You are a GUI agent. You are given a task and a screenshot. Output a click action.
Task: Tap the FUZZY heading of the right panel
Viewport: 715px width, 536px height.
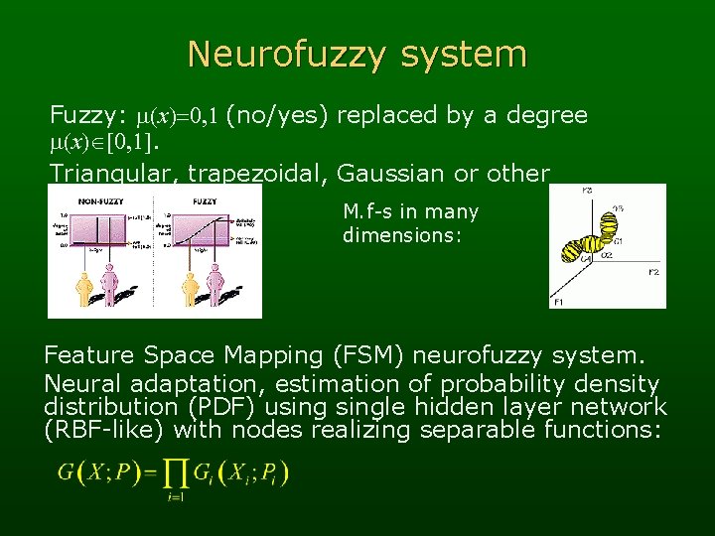[206, 201]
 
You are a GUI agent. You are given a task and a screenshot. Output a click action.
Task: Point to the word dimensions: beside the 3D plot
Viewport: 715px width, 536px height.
[402, 235]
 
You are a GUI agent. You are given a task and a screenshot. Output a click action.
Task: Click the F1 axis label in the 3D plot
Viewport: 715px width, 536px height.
[558, 300]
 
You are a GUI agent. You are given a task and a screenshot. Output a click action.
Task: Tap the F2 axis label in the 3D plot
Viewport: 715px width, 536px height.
[653, 272]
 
